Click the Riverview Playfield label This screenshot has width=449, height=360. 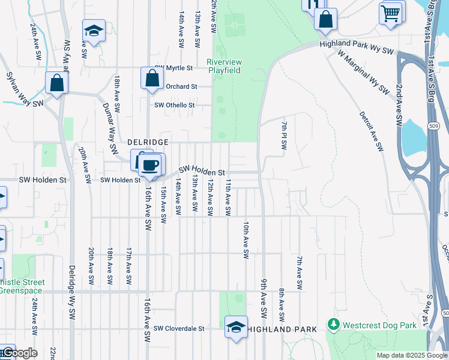(x=223, y=66)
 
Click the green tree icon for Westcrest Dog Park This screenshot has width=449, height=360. (x=334, y=325)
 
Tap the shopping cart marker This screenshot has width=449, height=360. (x=390, y=12)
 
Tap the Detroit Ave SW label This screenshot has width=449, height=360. (x=371, y=131)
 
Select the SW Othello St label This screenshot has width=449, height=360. (x=175, y=105)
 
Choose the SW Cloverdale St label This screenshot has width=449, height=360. (x=179, y=329)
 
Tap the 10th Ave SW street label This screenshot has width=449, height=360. (x=246, y=239)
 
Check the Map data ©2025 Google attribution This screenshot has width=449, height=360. (x=411, y=355)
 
